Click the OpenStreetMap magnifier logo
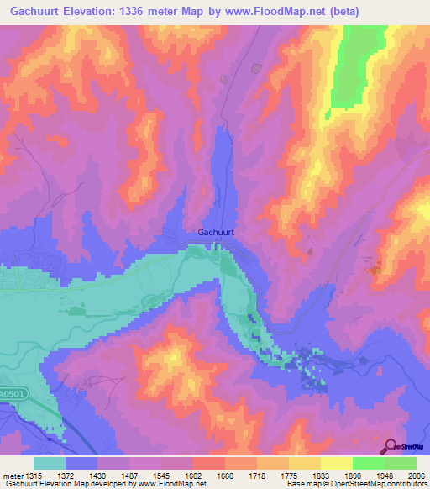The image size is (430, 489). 391,446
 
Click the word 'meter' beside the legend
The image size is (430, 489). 13,476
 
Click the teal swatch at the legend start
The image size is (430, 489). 50,463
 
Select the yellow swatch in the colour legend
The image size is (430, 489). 336,463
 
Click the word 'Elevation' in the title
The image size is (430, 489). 95,12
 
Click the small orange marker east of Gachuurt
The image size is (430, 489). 375,270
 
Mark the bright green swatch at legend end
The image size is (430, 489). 401,463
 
